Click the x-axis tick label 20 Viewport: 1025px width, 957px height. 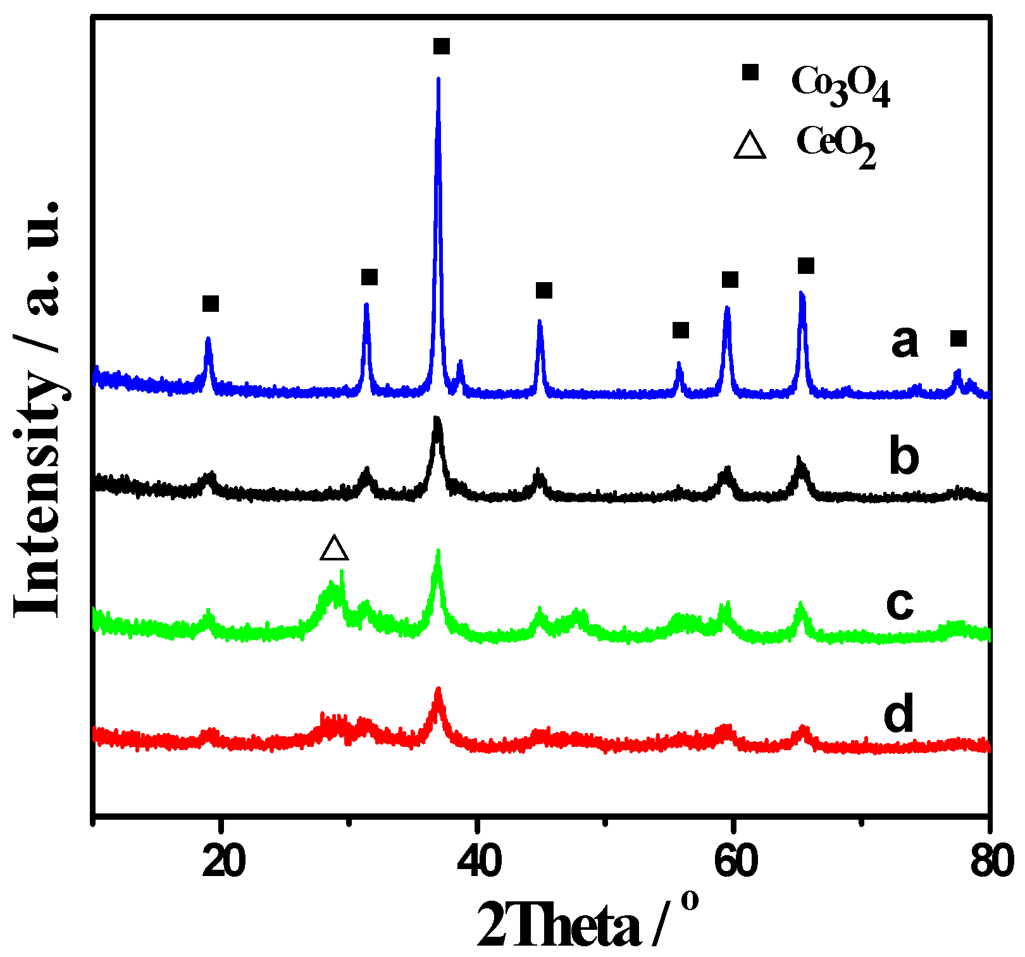pyautogui.click(x=223, y=864)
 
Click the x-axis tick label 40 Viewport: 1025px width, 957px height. pyautogui.click(x=479, y=864)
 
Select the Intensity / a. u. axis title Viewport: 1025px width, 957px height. pyautogui.click(x=37, y=408)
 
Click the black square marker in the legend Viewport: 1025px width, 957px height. pyautogui.click(x=750, y=72)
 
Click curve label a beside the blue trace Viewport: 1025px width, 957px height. pyautogui.click(x=904, y=342)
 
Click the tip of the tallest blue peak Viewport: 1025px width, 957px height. pyautogui.click(x=438, y=78)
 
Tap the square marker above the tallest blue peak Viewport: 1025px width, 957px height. pyautogui.click(x=442, y=46)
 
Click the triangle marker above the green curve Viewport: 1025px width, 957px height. pyautogui.click(x=334, y=548)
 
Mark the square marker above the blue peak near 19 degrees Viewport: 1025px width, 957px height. pyautogui.click(x=211, y=304)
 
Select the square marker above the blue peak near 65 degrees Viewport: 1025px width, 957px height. pyautogui.click(x=805, y=266)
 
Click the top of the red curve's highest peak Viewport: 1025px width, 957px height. pyautogui.click(x=438, y=689)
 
